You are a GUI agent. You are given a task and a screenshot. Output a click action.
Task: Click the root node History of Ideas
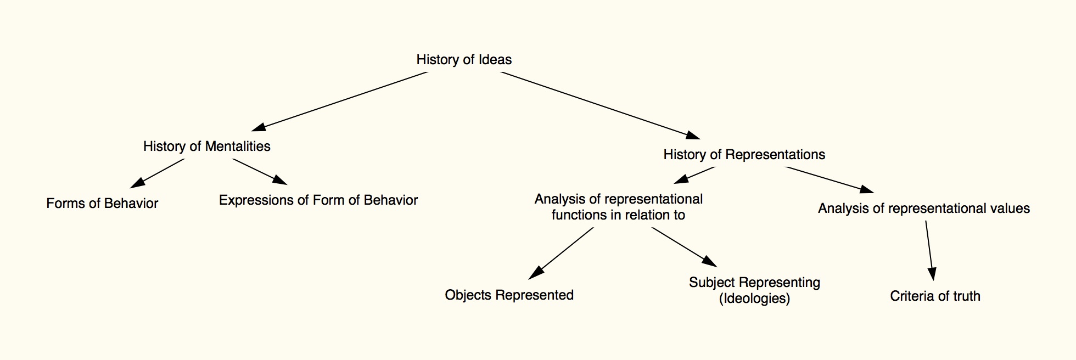(464, 60)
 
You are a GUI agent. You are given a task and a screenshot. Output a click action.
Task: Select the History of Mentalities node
(206, 147)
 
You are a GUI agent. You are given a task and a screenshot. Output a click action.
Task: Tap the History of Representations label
(744, 155)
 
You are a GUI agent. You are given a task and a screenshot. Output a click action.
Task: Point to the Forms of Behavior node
(102, 204)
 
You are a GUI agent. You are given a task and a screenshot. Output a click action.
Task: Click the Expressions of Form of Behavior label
(318, 200)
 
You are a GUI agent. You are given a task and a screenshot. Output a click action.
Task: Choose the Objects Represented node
(509, 295)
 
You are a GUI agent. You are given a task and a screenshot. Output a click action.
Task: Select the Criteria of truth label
(935, 296)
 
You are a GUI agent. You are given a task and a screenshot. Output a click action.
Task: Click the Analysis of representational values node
(923, 209)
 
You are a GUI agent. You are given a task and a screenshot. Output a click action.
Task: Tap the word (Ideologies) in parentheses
(754, 299)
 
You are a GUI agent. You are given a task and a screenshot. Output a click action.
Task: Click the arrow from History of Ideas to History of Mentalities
(340, 101)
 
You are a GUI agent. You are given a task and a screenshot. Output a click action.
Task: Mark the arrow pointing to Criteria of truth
(929, 250)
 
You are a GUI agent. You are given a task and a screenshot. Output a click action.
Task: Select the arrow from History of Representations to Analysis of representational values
(829, 179)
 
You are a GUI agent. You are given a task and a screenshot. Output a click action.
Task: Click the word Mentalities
(238, 147)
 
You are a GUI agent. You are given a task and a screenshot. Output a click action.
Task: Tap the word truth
(966, 296)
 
